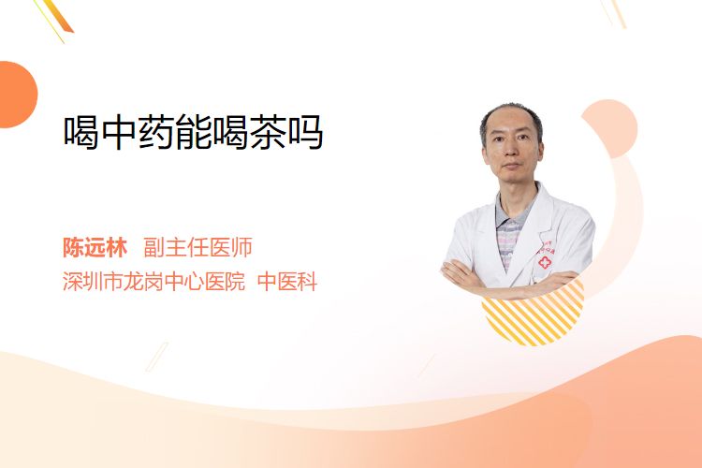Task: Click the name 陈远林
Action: [95, 247]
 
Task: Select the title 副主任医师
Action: [197, 247]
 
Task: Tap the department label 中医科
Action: [287, 282]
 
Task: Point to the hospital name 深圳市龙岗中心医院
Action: [154, 282]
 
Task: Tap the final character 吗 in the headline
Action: [305, 132]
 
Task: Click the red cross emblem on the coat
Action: [545, 263]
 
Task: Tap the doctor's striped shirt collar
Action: [515, 212]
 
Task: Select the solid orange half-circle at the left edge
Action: [17, 95]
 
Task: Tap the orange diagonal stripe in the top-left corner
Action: [58, 16]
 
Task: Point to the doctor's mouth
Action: [511, 166]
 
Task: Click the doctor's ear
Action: [485, 154]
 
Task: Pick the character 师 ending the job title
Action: [242, 247]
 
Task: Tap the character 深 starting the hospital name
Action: [72, 282]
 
